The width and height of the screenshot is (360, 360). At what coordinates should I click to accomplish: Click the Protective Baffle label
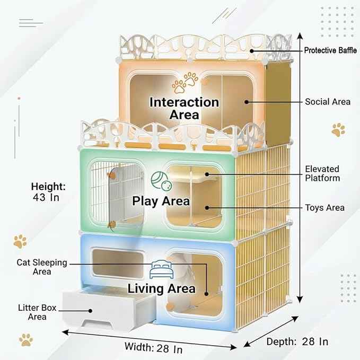pos(330,50)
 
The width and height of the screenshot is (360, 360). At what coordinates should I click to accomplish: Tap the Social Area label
pos(328,102)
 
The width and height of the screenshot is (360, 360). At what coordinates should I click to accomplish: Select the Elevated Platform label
pos(322,173)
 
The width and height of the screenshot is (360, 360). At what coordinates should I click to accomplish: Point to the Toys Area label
pos(324,208)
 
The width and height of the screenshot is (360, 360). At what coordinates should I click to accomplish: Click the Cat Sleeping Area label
pos(42,267)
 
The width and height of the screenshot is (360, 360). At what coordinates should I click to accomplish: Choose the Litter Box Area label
pos(37,312)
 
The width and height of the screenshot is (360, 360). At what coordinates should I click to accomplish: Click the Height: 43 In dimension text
pos(48,192)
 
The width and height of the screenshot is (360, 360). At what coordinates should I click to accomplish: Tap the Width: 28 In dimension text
pos(154,348)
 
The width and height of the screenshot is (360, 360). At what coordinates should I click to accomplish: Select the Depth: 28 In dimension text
pos(297,341)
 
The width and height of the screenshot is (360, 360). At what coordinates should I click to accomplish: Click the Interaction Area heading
pos(184,108)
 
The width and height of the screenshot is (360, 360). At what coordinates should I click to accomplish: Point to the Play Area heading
pos(161,201)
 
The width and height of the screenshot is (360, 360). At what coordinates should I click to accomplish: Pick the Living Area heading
pos(161,288)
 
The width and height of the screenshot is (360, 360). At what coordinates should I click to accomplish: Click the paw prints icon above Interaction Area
pos(185,83)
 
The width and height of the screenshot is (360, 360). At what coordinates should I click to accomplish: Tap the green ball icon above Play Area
pos(162,181)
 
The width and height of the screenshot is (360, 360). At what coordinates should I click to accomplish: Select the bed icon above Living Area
pos(161,269)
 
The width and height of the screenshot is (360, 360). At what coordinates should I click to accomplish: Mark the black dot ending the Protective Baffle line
pos(252,51)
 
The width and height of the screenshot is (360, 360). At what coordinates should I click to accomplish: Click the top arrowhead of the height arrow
pos(300,36)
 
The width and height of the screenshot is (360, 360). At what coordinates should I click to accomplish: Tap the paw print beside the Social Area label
pos(338,130)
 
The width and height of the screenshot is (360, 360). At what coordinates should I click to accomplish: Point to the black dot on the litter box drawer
pos(91,311)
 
